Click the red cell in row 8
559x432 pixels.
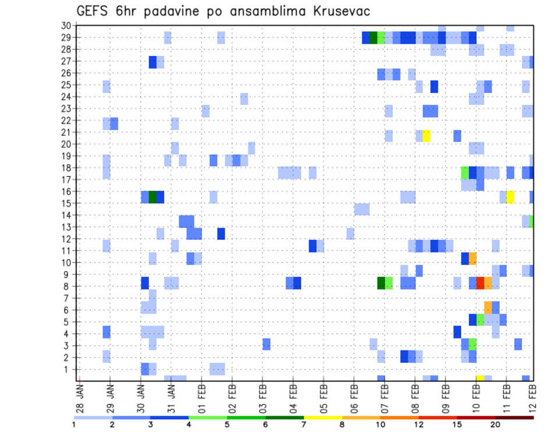click(x=480, y=283)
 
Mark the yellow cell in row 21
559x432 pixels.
click(x=427, y=136)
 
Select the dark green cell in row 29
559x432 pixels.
click(x=374, y=38)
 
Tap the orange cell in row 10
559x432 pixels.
click(x=473, y=258)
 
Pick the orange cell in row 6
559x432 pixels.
click(x=488, y=307)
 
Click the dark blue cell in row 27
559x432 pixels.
click(x=153, y=62)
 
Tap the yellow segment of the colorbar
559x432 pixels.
click(x=323, y=417)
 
